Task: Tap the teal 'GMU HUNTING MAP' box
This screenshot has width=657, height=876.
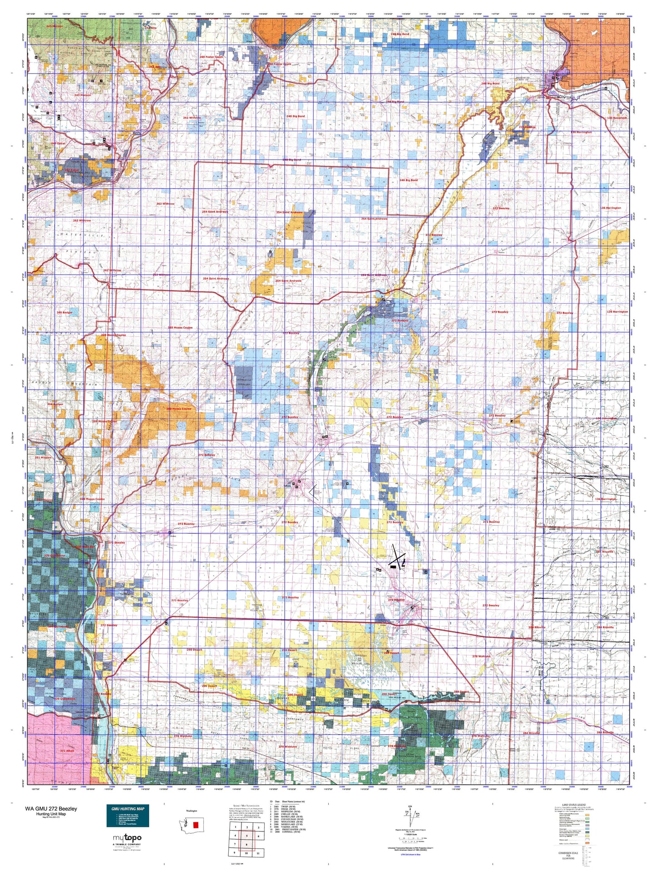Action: pyautogui.click(x=127, y=816)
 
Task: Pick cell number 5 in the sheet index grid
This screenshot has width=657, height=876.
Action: pyautogui.click(x=246, y=836)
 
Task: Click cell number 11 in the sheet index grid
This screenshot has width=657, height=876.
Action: pyautogui.click(x=258, y=853)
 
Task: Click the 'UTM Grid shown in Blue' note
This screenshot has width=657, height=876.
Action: pyautogui.click(x=410, y=854)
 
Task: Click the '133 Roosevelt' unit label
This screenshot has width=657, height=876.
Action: pyautogui.click(x=617, y=118)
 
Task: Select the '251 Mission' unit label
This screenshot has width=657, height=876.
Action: pyautogui.click(x=43, y=458)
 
